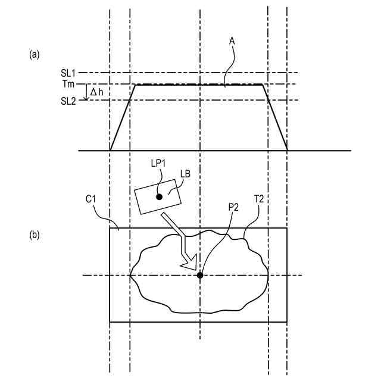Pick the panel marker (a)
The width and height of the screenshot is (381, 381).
point(35,54)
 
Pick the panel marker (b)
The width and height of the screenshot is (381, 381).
point(35,235)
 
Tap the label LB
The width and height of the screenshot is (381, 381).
point(185,174)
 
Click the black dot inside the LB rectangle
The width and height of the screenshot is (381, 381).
point(159,196)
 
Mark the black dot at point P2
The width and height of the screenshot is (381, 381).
point(200,275)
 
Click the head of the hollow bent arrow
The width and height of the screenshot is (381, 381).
point(190,264)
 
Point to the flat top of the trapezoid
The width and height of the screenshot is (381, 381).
point(199,85)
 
